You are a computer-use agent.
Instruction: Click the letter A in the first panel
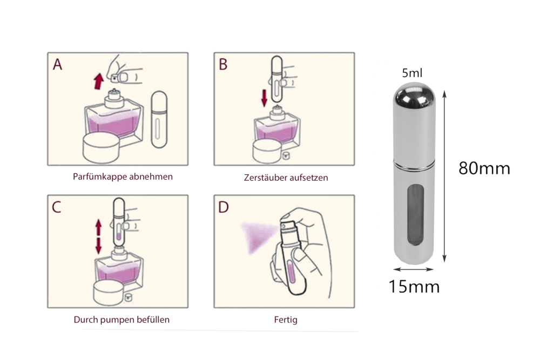58,64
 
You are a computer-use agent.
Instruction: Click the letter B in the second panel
223,64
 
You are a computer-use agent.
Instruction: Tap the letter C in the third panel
57,207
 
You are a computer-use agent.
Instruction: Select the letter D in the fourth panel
224,207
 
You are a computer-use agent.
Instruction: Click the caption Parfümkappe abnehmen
123,177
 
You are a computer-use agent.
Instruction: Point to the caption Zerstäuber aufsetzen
286,178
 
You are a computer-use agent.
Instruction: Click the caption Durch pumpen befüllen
122,320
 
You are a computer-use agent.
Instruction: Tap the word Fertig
286,320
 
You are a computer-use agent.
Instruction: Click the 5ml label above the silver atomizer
412,73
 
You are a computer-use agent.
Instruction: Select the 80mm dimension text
484,168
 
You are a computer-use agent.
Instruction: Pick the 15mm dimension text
414,287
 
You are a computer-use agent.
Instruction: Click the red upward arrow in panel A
99,81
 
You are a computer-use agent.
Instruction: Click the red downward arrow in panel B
264,98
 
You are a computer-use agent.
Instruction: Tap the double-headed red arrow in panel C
98,237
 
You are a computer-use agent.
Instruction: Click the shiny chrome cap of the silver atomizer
414,97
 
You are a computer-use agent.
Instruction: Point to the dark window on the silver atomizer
414,215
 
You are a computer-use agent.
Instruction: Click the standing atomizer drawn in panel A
159,119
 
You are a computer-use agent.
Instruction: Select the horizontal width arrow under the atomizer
413,269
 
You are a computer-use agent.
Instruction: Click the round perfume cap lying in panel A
102,148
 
